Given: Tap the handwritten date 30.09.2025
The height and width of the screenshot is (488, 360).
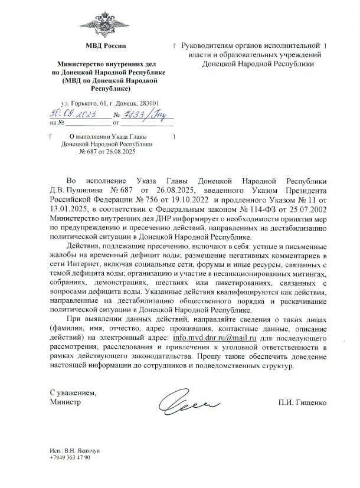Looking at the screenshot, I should pos(73,113).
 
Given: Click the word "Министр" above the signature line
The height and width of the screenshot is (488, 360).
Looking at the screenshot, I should pos(65,403).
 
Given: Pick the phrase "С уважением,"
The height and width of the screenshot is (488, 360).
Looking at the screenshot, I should pos(73,393).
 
